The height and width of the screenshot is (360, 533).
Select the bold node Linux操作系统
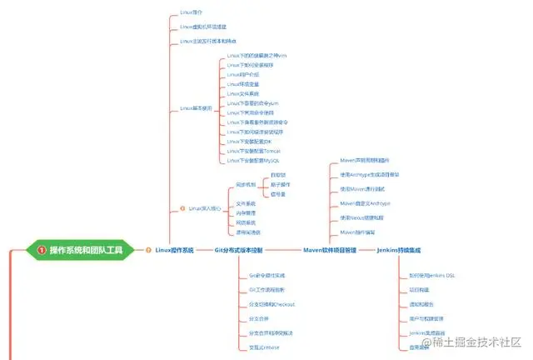click(x=174, y=250)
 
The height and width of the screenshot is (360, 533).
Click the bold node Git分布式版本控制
click(x=238, y=250)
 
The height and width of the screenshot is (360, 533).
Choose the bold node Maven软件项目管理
click(x=329, y=250)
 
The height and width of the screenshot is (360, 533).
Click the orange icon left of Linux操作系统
click(x=149, y=250)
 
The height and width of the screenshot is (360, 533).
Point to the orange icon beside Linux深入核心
click(x=182, y=208)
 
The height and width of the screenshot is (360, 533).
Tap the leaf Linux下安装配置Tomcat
click(x=254, y=151)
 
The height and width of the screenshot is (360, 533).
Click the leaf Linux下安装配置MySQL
click(x=255, y=160)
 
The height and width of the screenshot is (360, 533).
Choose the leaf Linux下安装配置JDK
click(x=252, y=141)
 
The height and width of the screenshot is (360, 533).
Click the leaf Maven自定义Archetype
click(x=366, y=203)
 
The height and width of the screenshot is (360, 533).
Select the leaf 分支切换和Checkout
click(x=272, y=304)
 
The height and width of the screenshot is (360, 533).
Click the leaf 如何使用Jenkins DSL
click(x=432, y=274)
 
